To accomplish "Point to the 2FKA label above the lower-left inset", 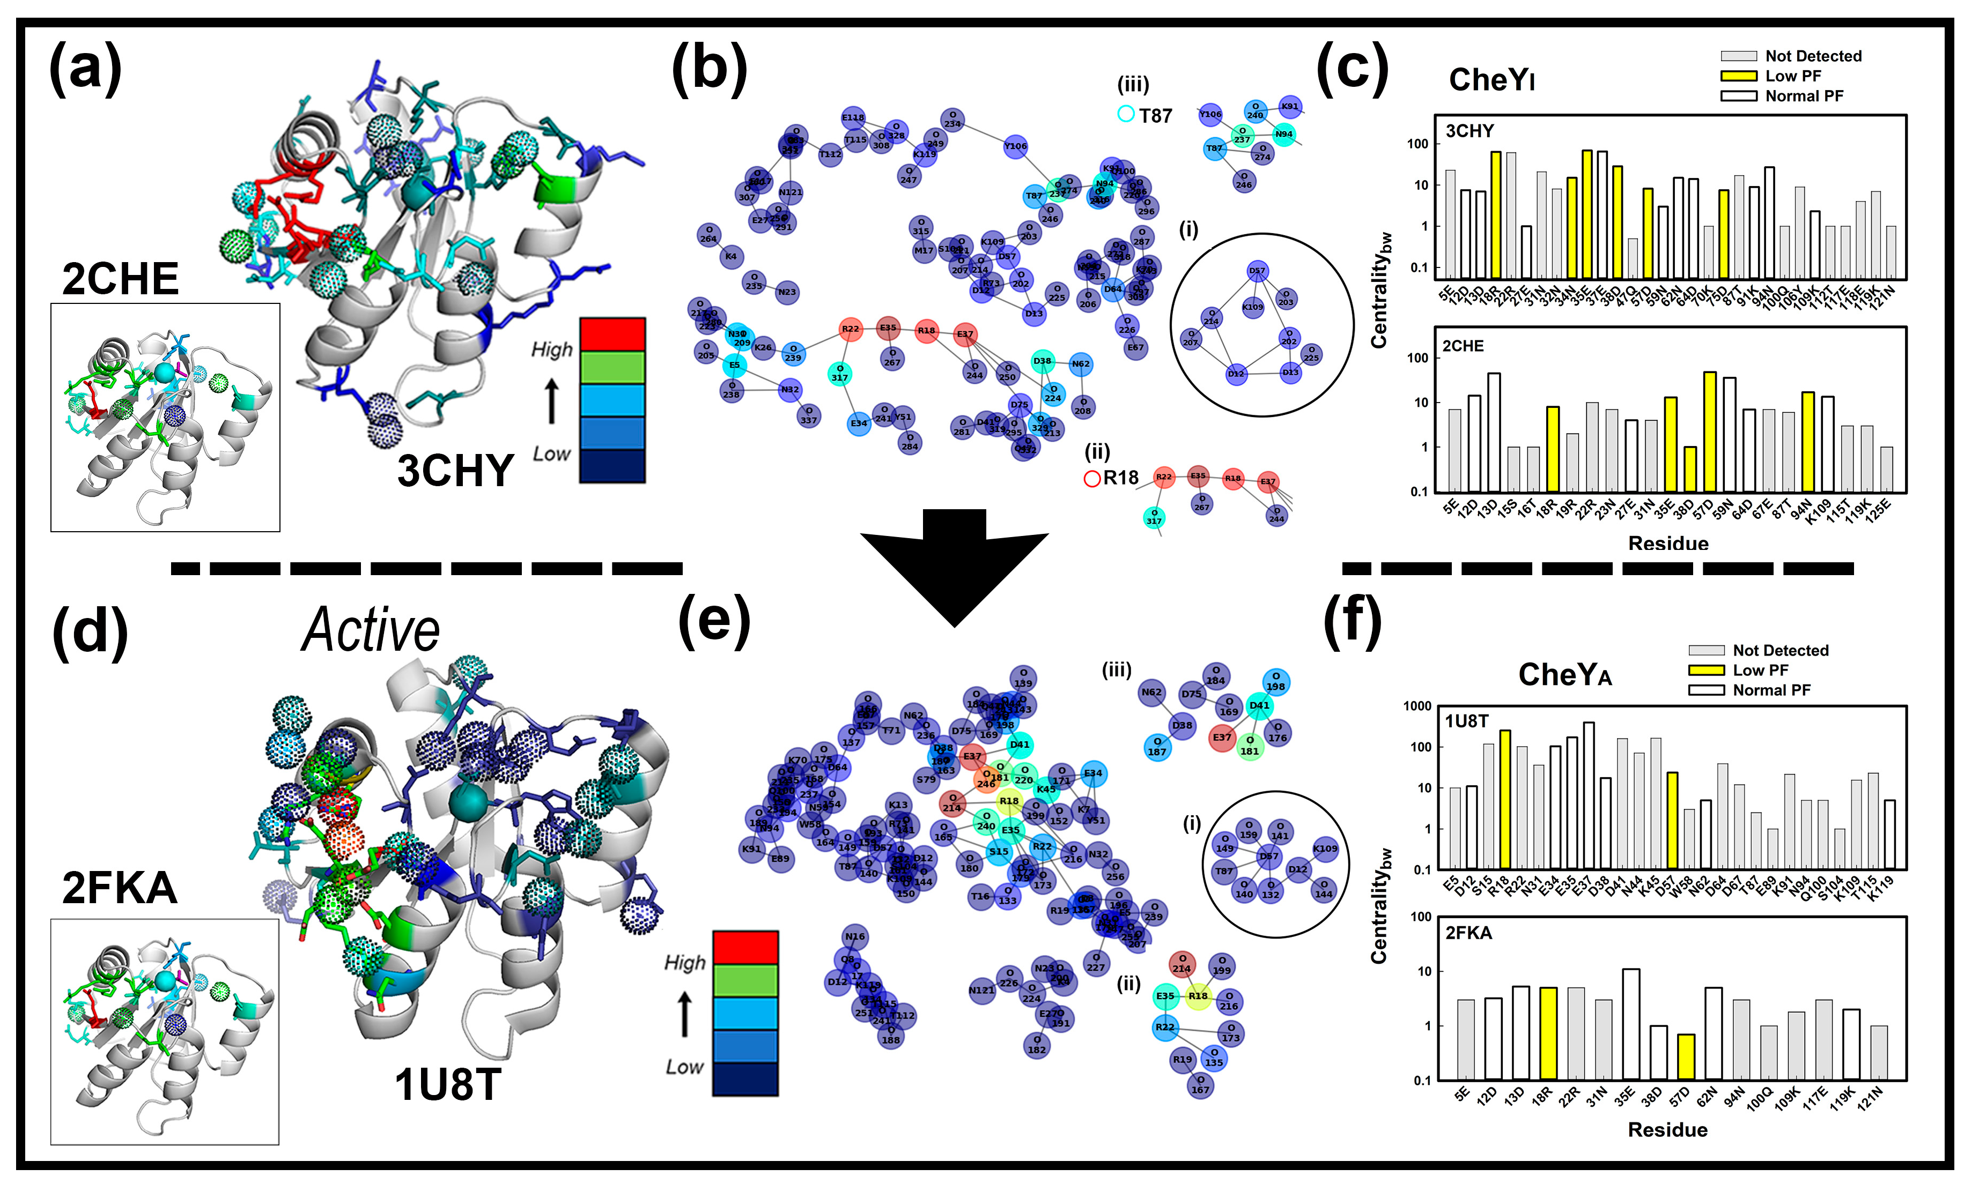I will pos(119,888).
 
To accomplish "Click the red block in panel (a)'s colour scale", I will pos(612,334).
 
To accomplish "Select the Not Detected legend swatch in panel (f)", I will pos(1706,650).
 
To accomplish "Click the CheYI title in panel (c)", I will pos(1491,80).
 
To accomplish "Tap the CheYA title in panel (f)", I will pos(1564,675).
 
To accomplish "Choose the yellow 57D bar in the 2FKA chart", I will pos(1686,1056).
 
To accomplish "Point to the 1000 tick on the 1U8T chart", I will pos(1417,706).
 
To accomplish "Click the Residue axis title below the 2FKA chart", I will pos(1667,1130).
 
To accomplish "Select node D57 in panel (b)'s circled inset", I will pos(1257,271).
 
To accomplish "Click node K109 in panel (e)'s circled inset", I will pos(1325,848).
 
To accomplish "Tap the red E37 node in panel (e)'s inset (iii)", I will pos(1222,738).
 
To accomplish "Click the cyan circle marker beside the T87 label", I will pos(1126,115).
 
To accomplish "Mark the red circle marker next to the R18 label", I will pos(1092,479).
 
